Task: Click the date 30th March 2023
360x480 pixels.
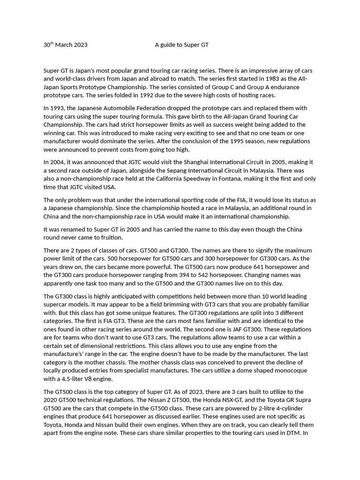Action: coord(65,45)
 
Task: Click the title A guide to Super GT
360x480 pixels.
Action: coord(182,45)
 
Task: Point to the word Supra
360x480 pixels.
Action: coord(301,400)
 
